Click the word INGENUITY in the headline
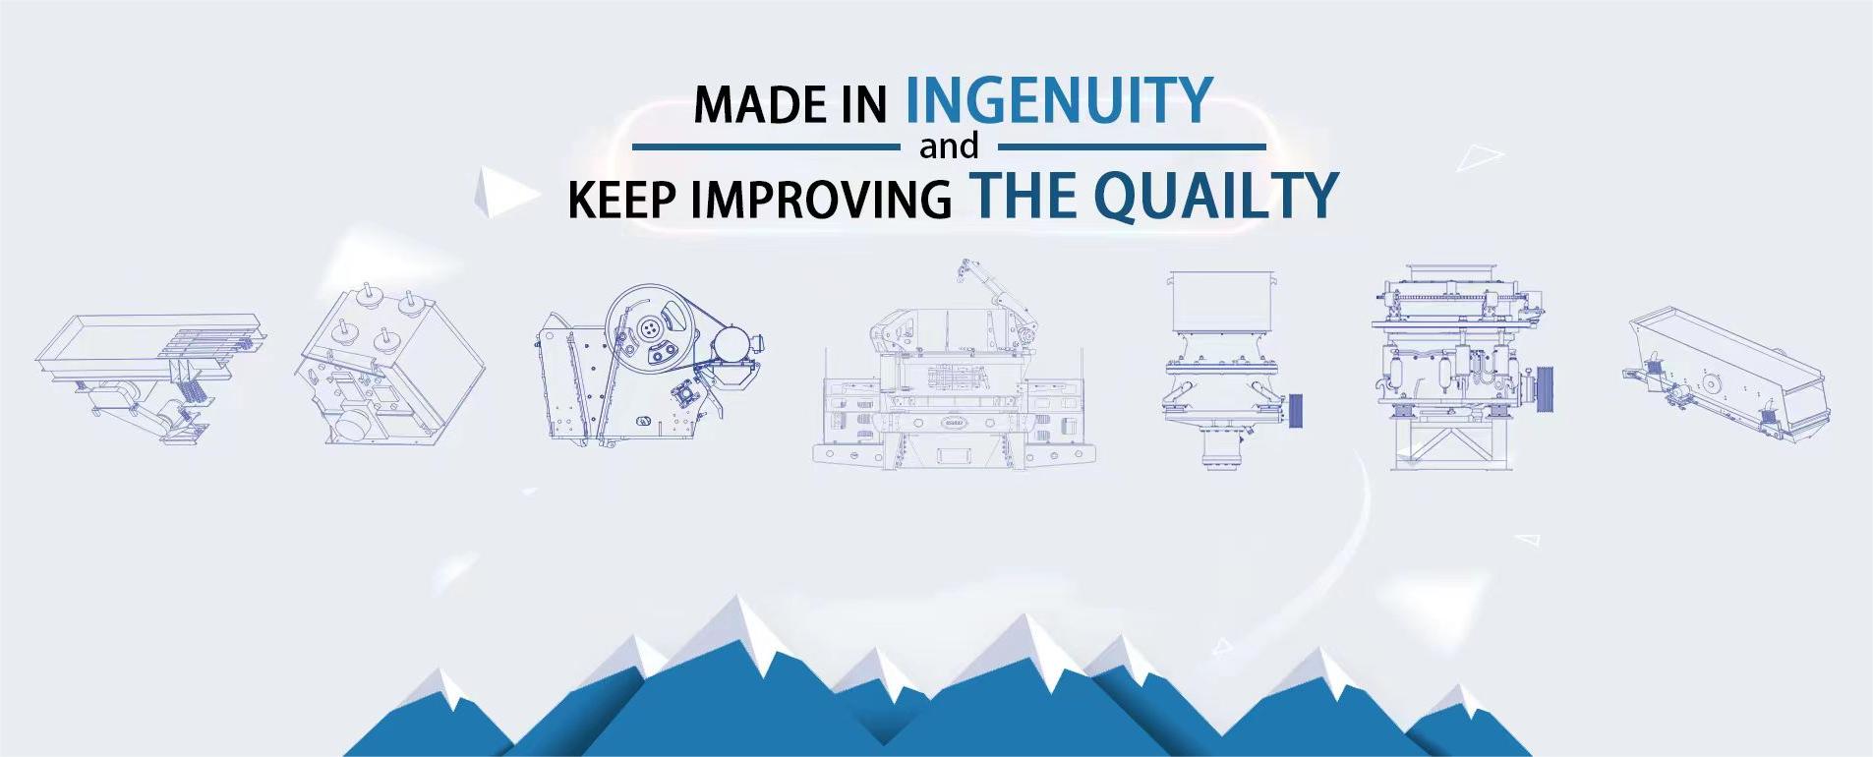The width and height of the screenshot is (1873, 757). click(x=1059, y=99)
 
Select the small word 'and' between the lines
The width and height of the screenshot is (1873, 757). click(x=949, y=146)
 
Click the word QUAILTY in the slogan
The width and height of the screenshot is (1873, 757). click(x=1216, y=195)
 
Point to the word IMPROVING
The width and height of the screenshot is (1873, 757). click(x=821, y=200)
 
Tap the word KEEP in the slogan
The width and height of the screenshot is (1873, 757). click(x=622, y=200)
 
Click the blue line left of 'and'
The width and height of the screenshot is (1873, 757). click(x=766, y=147)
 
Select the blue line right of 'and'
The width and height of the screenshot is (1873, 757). click(x=1132, y=147)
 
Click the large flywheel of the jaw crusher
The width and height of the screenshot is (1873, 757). click(x=649, y=328)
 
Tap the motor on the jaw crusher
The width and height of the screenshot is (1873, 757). click(x=733, y=345)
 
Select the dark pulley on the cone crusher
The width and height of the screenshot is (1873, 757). click(x=1295, y=409)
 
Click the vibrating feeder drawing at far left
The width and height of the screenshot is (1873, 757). click(x=150, y=379)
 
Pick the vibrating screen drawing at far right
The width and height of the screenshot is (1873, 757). click(x=1727, y=373)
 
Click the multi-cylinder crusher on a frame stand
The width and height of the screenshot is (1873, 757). click(x=1460, y=366)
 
